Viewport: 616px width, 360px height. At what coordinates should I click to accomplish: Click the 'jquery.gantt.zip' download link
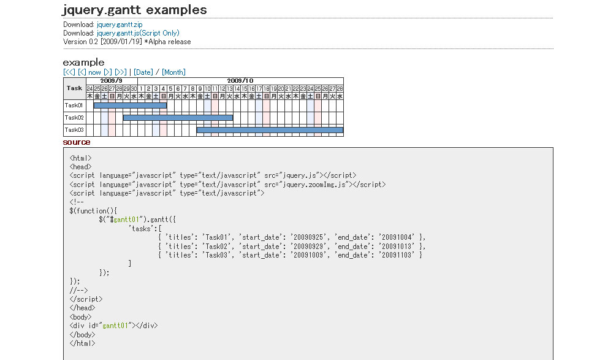pos(120,25)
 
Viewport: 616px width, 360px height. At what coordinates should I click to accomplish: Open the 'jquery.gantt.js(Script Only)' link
pos(138,33)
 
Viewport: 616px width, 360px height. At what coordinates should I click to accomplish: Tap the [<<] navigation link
pos(69,72)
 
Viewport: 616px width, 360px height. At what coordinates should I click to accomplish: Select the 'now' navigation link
pos(94,72)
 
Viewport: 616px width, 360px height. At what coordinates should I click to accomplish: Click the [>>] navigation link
pos(120,72)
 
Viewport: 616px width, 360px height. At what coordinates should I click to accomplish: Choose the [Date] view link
pos(143,72)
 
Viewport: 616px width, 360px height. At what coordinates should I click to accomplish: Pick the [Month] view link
pos(173,72)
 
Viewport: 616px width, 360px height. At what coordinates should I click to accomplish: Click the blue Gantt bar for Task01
pos(130,105)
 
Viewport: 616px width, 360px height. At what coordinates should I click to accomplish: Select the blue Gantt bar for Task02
pos(178,118)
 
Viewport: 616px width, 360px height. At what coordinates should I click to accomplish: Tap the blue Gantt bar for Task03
pos(270,130)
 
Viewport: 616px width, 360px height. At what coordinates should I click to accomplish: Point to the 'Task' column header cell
pos(74,88)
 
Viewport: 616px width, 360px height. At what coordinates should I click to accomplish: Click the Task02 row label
pos(74,118)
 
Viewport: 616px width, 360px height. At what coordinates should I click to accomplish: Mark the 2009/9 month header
pos(111,81)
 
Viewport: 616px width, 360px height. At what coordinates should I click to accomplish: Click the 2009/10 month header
pos(240,81)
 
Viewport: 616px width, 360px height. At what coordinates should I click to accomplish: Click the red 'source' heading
pos(77,142)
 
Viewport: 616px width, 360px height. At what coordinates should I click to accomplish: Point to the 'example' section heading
pos(83,62)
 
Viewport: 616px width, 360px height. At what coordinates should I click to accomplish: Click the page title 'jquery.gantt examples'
pos(135,10)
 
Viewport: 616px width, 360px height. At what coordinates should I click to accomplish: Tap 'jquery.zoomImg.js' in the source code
pos(313,184)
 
